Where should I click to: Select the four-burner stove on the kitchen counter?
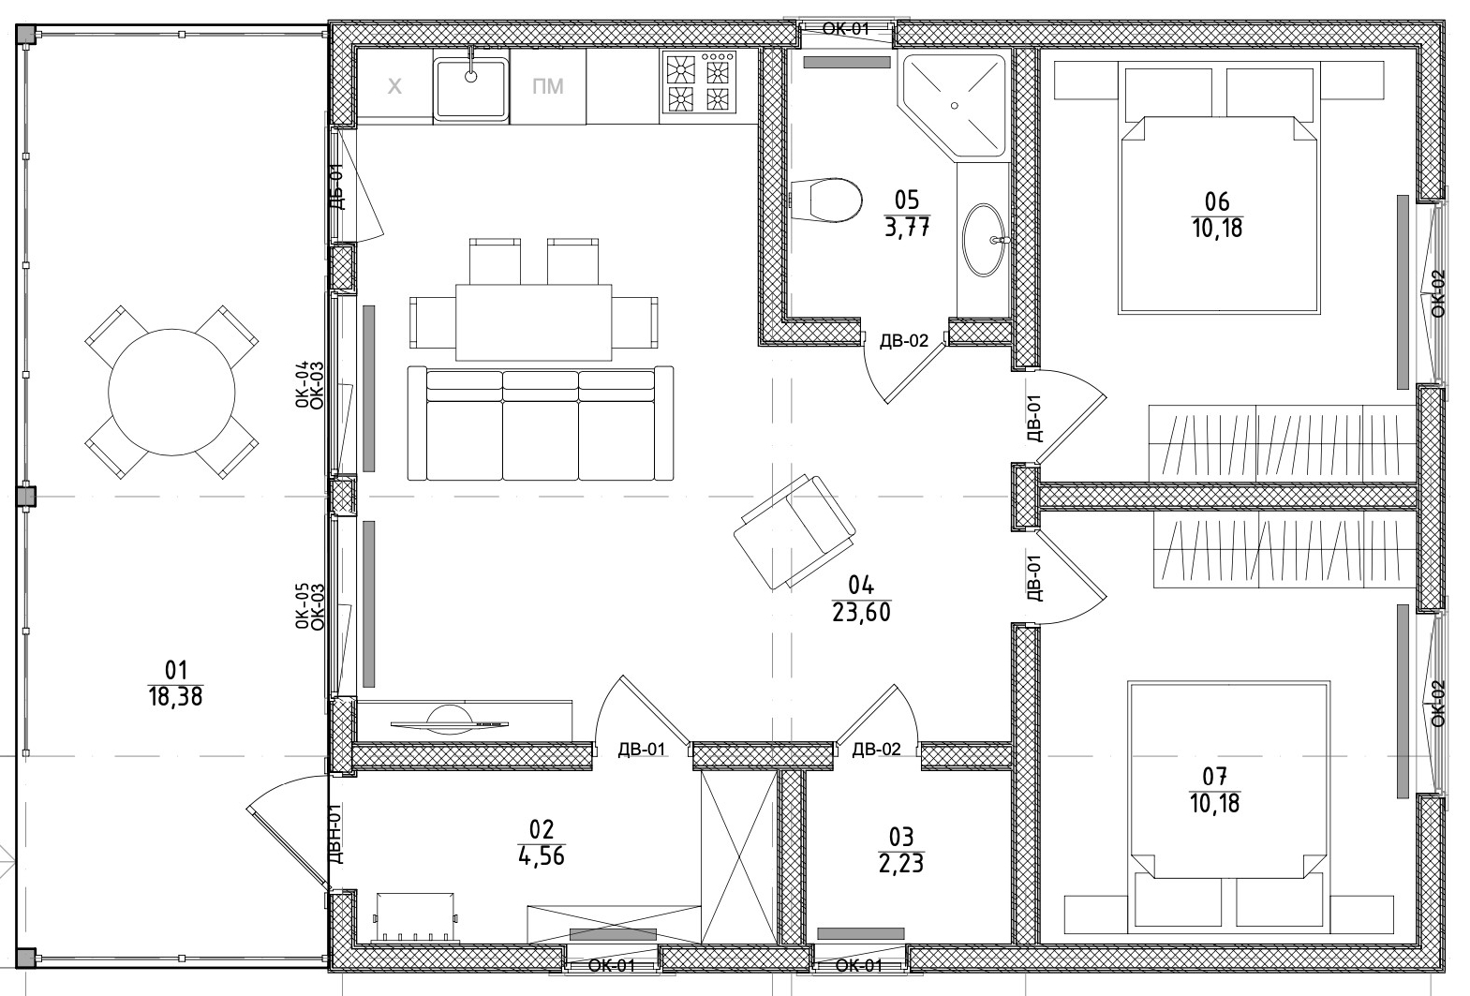[x=699, y=82]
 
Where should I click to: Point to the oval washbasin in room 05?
[x=985, y=240]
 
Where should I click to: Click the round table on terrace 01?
[x=171, y=392]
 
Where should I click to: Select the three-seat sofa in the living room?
[x=541, y=424]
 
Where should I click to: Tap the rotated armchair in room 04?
[x=795, y=531]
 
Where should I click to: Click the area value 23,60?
[x=860, y=614]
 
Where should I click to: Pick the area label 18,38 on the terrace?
[x=175, y=696]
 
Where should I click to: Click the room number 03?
[x=900, y=835]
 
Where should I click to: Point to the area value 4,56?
[x=541, y=855]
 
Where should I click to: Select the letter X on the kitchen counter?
[x=394, y=87]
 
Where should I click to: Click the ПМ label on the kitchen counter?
[x=547, y=87]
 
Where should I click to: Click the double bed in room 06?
[x=1218, y=214]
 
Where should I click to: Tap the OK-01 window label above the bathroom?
[x=845, y=28]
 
